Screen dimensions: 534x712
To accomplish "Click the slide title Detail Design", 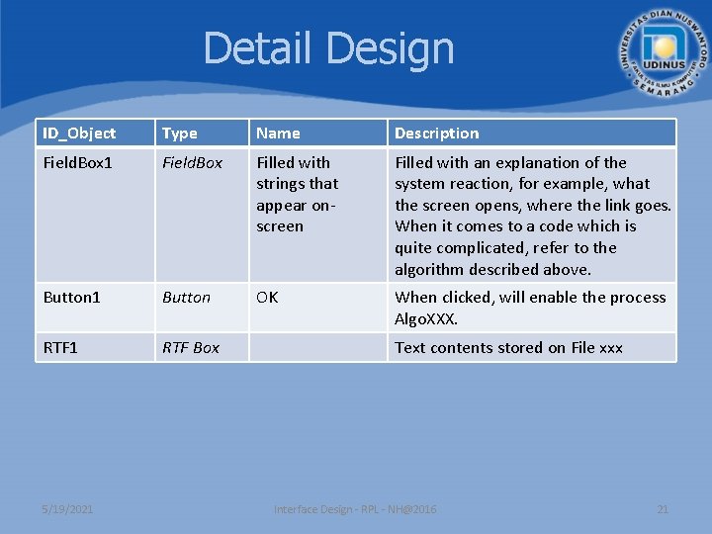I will pos(328,48).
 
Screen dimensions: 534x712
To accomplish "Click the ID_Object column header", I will pos(79,133).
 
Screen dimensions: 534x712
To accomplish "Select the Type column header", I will pos(180,133).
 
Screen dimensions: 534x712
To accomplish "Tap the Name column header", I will pos(278,133).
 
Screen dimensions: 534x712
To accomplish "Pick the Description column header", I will pos(436,133).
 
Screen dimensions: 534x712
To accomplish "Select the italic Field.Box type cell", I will pos(193,163).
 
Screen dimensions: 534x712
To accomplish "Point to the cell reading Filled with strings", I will pos(297,194).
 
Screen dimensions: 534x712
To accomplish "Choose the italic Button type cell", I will pos(187,298).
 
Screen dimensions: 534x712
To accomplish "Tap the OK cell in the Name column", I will pos(267,298).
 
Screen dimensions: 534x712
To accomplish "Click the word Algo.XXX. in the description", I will pos(426,319).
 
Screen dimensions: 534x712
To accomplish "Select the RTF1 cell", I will pos(62,348).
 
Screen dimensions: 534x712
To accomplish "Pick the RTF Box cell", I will pos(191,348).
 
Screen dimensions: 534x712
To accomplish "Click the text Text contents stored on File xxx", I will pos(508,348).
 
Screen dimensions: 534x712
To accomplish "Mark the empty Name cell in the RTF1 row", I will pos(316,348).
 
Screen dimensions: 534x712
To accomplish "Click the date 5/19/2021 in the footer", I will pos(68,509).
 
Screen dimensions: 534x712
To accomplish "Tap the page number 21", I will pos(663,509).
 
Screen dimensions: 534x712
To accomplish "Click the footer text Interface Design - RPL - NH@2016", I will pos(355,509).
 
